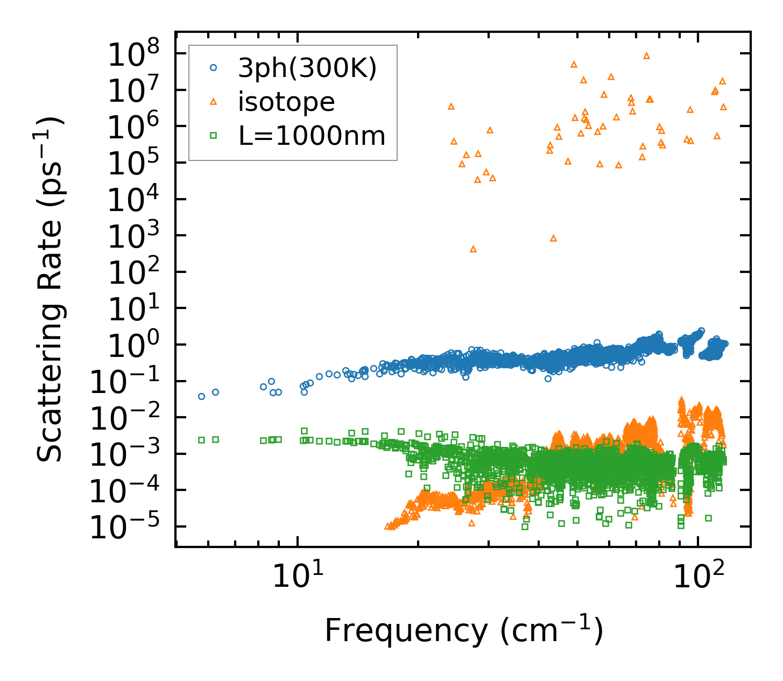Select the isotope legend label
point(286,102)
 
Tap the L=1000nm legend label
point(312,136)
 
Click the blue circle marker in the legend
point(214,68)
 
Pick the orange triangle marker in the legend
point(214,101)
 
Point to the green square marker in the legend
point(214,136)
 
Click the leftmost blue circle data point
point(201,396)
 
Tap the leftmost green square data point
point(201,440)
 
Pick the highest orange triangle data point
point(646,55)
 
